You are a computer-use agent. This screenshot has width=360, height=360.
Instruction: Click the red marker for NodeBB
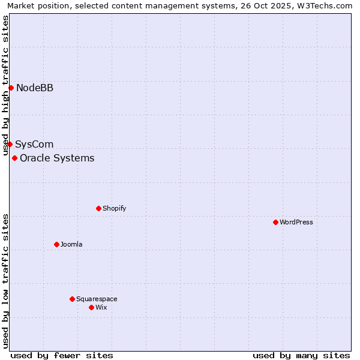coord(11,88)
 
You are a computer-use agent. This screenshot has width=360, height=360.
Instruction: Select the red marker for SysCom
coord(10,144)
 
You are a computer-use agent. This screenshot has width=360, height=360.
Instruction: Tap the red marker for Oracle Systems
coord(14,158)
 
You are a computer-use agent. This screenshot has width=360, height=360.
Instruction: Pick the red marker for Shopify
coord(98,208)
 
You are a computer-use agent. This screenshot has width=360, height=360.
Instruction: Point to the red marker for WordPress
coord(275,222)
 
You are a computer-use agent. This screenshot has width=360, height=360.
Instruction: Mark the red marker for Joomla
coord(56,244)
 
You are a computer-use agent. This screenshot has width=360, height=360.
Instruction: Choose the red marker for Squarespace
coord(72,299)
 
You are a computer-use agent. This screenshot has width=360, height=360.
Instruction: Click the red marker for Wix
coord(91,307)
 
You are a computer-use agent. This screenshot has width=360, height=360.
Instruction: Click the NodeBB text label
coord(35,88)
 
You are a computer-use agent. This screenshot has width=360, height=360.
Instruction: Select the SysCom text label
coord(34,145)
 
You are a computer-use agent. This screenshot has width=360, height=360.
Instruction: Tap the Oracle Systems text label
coord(57,158)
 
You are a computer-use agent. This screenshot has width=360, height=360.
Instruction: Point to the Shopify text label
coord(114,209)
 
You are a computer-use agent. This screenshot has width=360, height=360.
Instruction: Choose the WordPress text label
coord(296,223)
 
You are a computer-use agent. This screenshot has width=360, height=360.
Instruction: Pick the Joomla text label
coord(71,245)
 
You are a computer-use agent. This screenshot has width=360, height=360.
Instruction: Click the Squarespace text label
coord(97,299)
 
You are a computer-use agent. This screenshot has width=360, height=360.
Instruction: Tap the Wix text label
coord(101,308)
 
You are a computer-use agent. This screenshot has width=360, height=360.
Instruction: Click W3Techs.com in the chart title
coord(327,5)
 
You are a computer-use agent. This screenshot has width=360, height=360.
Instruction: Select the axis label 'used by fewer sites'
coord(62,355)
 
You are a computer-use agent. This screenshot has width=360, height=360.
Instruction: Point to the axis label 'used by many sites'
coord(301,355)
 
